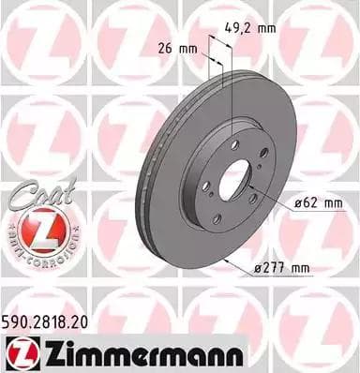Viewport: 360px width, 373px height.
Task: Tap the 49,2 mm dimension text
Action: click(254, 28)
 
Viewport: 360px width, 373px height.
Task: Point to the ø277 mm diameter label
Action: click(282, 269)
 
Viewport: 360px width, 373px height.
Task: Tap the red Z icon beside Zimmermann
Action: click(21, 351)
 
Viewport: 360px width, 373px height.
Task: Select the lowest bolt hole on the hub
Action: click(217, 219)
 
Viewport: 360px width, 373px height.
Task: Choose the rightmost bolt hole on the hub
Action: click(263, 153)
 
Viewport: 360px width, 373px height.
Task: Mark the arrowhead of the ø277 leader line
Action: click(226, 256)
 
